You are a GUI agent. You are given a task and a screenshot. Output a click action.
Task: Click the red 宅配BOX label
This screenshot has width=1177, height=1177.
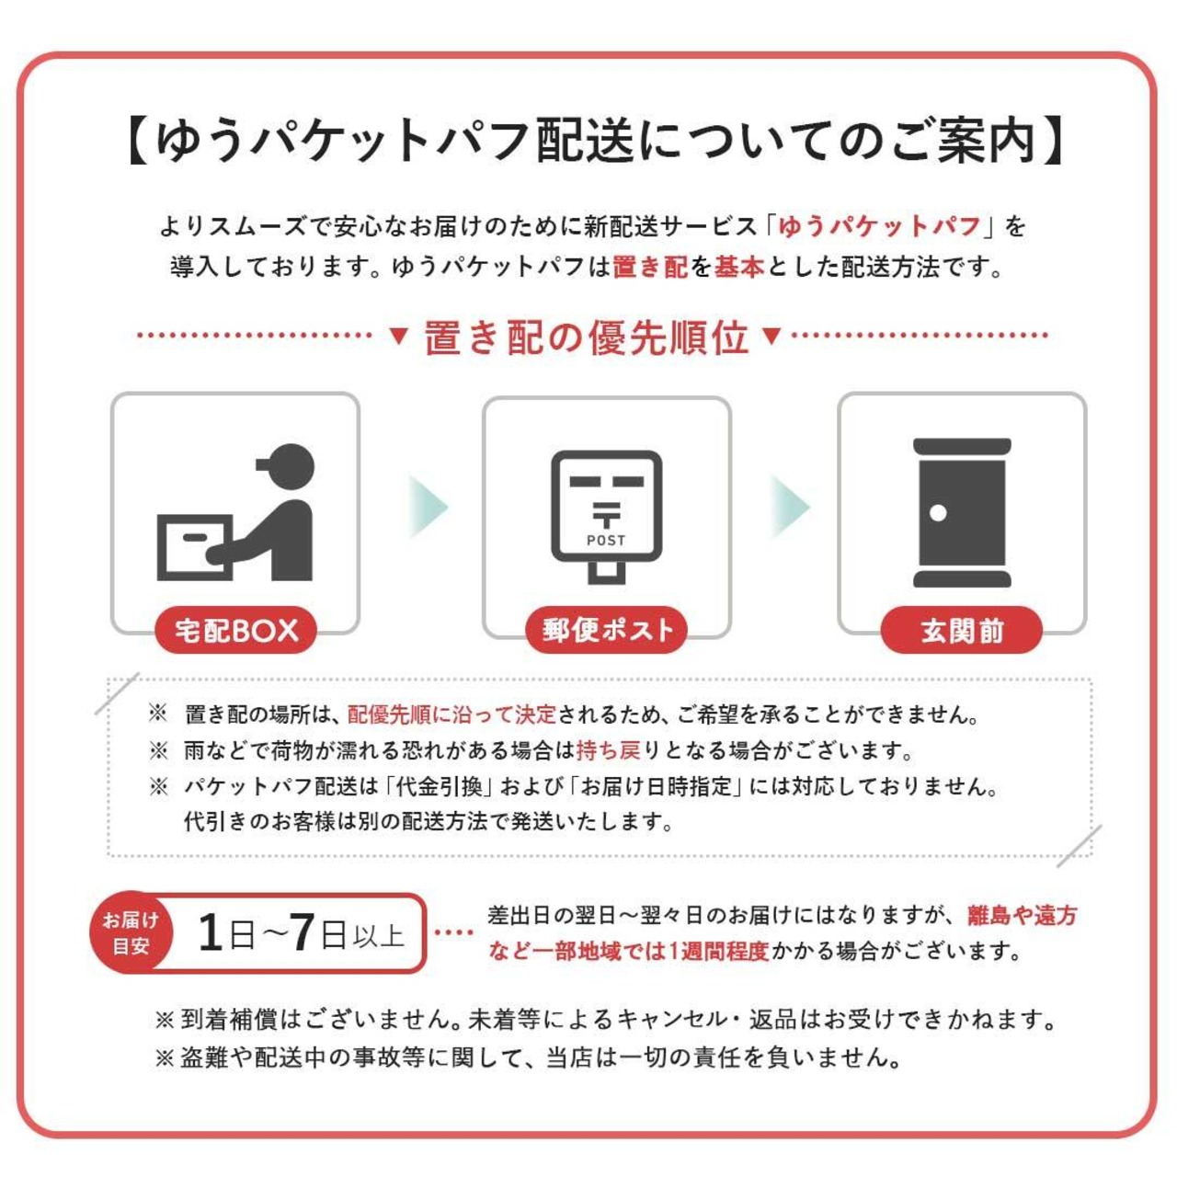click(235, 630)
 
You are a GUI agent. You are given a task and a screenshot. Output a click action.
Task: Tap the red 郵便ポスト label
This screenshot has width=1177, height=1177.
click(607, 630)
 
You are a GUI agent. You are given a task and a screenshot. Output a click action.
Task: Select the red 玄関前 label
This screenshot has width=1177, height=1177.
click(962, 630)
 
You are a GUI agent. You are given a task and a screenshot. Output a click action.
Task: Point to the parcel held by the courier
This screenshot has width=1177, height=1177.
click(195, 547)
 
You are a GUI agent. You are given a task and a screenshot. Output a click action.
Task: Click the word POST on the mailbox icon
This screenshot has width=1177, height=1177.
click(606, 540)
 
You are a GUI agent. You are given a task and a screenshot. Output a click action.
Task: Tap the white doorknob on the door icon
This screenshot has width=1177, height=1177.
click(938, 512)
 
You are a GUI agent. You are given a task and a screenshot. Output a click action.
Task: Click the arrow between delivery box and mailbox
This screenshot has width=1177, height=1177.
click(428, 507)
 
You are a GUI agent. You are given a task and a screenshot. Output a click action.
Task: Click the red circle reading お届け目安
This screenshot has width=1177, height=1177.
click(131, 932)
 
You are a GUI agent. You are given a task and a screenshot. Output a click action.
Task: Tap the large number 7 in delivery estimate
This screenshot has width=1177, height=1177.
click(302, 932)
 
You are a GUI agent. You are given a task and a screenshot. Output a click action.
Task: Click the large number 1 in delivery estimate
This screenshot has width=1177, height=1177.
click(211, 932)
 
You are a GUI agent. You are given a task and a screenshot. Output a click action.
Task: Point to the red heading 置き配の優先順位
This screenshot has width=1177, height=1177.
click(587, 337)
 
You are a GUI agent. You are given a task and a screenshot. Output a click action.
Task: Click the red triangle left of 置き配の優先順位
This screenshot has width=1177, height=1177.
click(399, 336)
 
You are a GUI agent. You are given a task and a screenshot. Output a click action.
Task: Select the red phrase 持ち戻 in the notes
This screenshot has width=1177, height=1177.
click(609, 750)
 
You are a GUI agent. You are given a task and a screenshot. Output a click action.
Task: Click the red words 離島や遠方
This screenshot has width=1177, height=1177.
click(1022, 915)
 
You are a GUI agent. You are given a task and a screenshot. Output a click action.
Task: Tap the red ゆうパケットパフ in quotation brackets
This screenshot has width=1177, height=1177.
click(880, 226)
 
